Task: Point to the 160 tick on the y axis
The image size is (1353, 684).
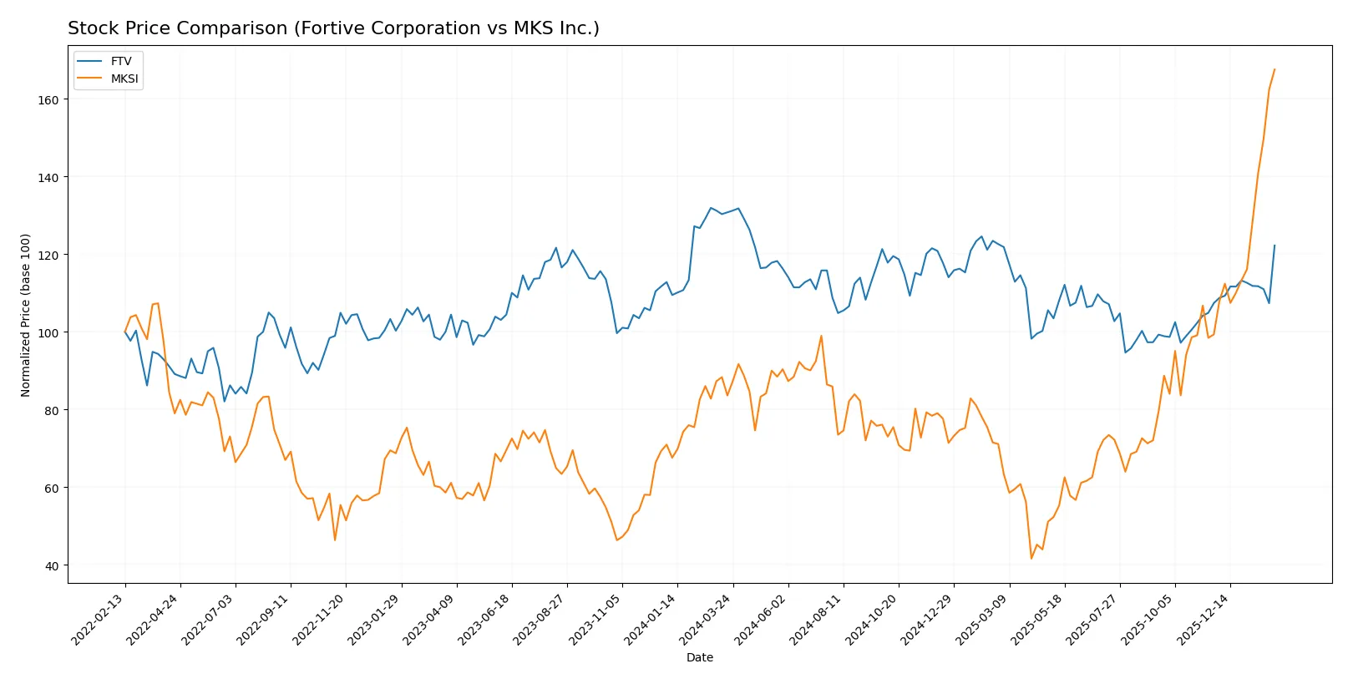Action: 48,99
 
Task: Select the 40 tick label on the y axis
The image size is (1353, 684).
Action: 52,565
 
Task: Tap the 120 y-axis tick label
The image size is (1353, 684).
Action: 48,255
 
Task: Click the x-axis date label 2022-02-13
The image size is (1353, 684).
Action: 99,619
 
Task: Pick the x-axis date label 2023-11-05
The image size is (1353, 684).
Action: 595,619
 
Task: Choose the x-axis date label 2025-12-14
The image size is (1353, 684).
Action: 1204,619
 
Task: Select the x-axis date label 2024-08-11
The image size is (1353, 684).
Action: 817,619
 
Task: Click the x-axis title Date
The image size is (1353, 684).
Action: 699,657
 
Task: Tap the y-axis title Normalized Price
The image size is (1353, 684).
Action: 26,315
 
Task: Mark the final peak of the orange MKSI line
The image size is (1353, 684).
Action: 1274,69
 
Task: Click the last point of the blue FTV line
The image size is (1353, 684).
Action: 1274,246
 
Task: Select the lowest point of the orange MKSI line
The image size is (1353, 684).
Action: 1031,559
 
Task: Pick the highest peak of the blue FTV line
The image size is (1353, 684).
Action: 711,208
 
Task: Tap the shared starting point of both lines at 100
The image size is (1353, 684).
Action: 125,332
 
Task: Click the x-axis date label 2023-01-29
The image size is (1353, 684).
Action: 374,619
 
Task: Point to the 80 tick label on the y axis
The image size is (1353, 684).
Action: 52,410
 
